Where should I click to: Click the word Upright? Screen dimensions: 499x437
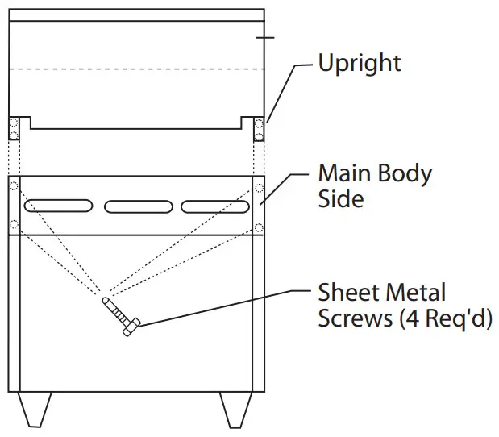(x=360, y=64)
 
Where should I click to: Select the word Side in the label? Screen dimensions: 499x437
(x=340, y=198)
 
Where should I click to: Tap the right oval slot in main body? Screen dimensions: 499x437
(x=214, y=206)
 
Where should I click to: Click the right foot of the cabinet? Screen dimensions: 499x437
(x=234, y=410)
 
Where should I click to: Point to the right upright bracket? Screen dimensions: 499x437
(x=259, y=129)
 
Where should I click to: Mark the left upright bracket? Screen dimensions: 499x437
(x=14, y=129)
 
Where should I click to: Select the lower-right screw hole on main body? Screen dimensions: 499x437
(x=259, y=225)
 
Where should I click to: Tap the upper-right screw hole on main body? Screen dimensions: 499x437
(x=259, y=186)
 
